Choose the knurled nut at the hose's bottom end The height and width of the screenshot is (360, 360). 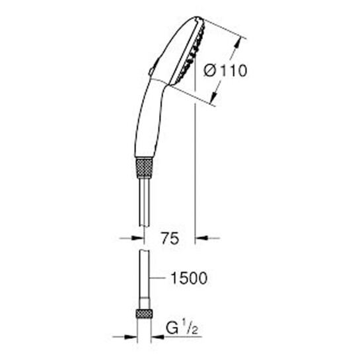(143, 314)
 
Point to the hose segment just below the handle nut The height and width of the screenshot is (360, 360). (143, 198)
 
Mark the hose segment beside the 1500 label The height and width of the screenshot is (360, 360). (143, 277)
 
